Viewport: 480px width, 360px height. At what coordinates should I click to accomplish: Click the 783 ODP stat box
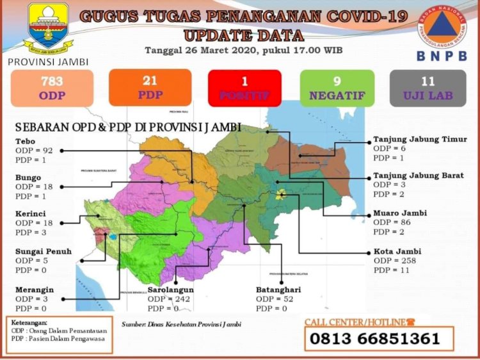(52, 88)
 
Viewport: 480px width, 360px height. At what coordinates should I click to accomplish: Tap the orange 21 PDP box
(150, 87)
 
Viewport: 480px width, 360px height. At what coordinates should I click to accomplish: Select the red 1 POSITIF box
(244, 88)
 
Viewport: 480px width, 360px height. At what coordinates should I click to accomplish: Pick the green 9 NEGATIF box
(337, 88)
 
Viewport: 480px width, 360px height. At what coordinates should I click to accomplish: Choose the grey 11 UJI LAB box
(428, 88)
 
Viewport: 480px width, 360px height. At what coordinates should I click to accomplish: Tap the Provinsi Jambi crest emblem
(48, 29)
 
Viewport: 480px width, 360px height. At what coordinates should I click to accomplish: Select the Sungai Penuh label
(44, 251)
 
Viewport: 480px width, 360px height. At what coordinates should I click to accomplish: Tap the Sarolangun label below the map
(170, 290)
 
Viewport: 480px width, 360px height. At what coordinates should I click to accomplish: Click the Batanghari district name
(278, 290)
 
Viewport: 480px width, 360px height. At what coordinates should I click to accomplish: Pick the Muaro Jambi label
(400, 213)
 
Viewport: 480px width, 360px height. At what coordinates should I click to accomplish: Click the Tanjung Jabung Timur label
(420, 139)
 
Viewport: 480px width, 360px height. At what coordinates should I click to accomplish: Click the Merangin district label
(35, 290)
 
